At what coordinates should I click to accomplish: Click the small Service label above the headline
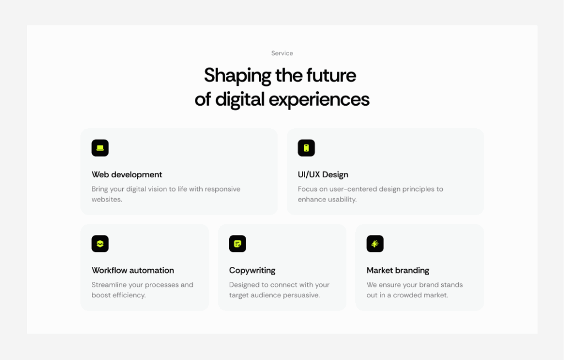click(x=282, y=53)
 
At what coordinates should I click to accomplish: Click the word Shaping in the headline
click(x=237, y=76)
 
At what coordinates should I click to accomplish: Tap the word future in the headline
click(x=331, y=75)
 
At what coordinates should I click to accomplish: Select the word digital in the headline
click(x=240, y=99)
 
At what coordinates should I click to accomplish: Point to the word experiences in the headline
click(x=319, y=100)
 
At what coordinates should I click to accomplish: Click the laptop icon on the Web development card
click(x=100, y=148)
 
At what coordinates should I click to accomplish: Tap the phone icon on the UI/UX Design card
click(x=306, y=148)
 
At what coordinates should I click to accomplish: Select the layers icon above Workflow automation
click(x=100, y=243)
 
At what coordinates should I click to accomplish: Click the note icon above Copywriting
click(x=237, y=243)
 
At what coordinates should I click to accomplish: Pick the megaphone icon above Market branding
click(x=375, y=243)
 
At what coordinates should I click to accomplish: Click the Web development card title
click(x=127, y=175)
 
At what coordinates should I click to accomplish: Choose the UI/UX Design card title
click(x=323, y=175)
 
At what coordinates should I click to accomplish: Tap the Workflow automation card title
click(x=133, y=270)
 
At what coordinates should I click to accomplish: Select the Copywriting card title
click(x=252, y=270)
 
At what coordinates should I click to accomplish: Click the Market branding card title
click(x=398, y=270)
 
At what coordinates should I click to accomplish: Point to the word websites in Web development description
click(x=106, y=199)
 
